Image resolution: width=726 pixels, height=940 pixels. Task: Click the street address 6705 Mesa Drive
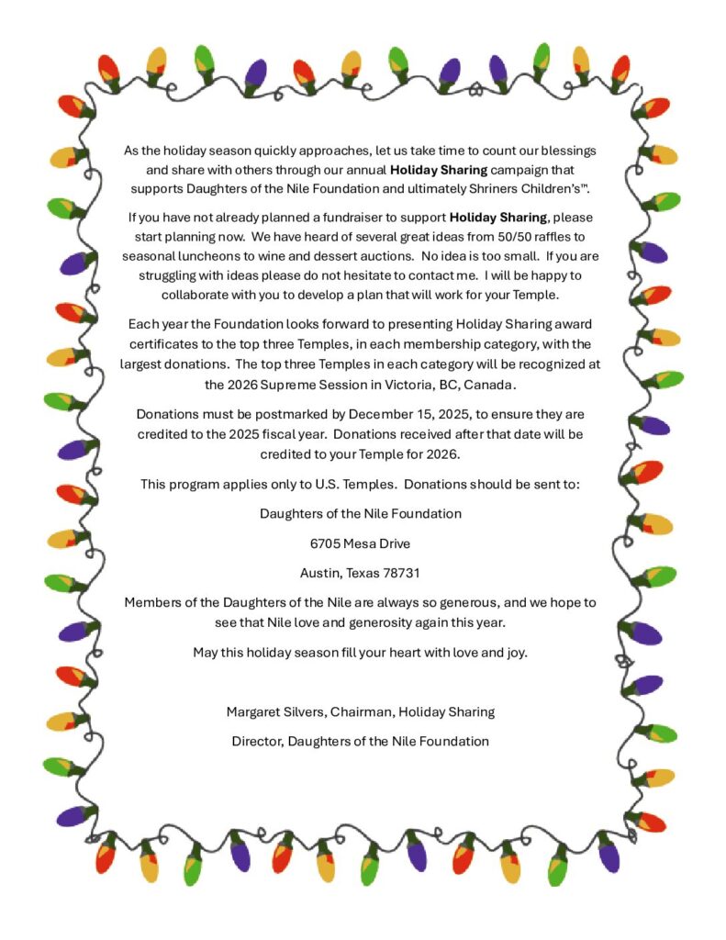pos(360,543)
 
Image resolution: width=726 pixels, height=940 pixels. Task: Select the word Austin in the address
pos(319,573)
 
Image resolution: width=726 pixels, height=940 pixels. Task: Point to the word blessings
pos(564,150)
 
